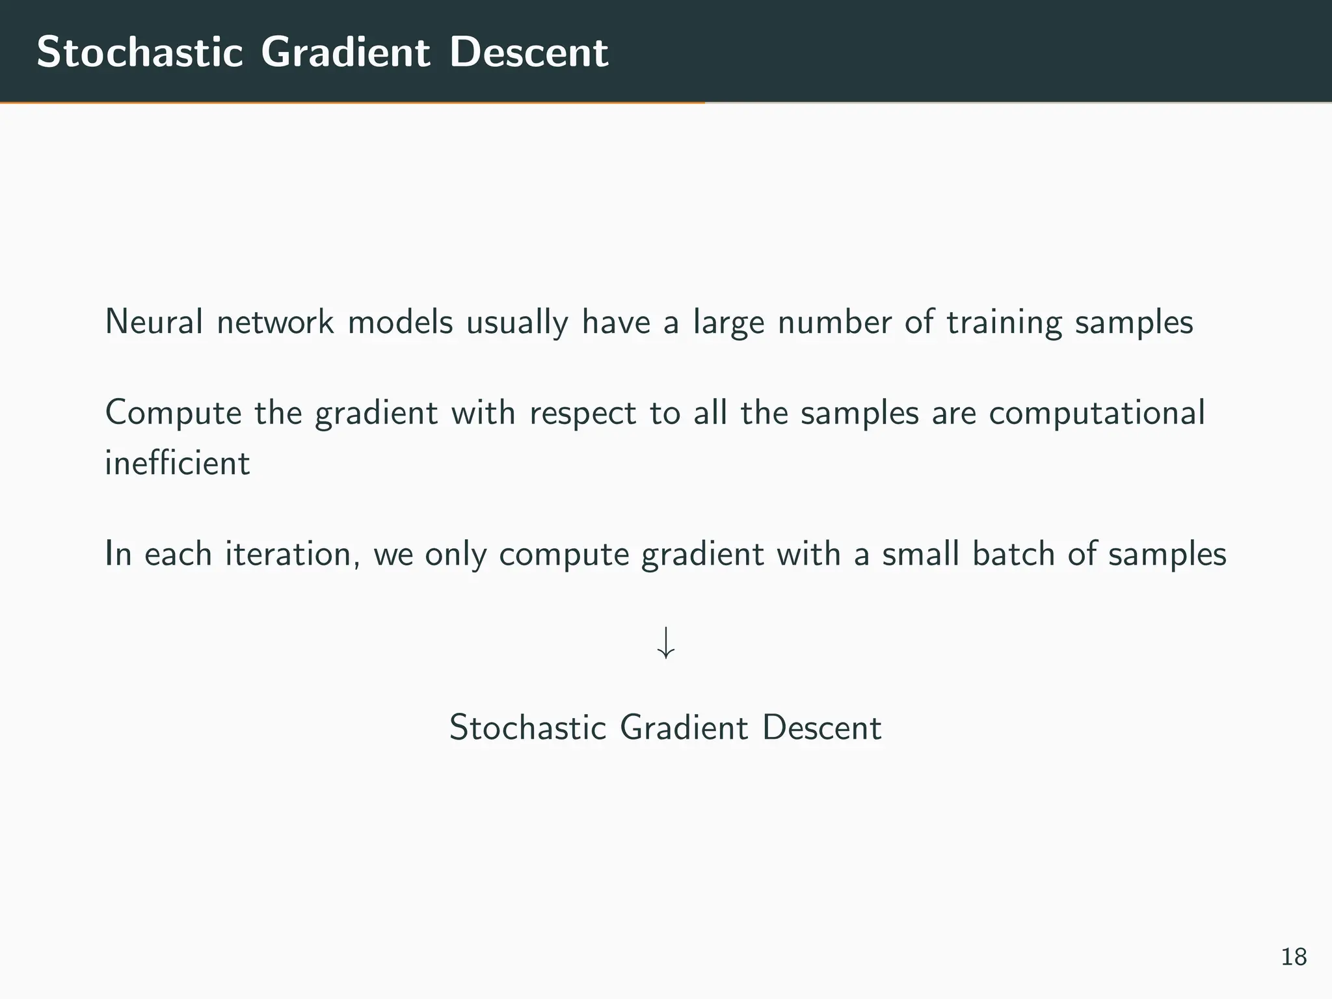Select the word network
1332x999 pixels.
point(275,322)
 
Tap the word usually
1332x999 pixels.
point(517,323)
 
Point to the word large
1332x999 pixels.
point(728,323)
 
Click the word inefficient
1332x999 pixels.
point(177,463)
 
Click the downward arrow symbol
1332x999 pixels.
point(665,643)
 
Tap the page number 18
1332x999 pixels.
point(1294,957)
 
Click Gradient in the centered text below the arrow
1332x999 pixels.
point(684,728)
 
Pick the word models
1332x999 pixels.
point(400,322)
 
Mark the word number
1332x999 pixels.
point(834,322)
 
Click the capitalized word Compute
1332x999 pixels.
point(173,414)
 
